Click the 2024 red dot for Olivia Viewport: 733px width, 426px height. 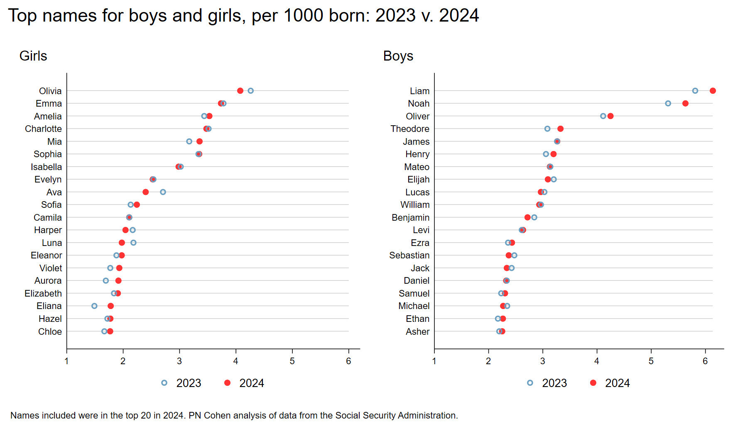[x=240, y=91]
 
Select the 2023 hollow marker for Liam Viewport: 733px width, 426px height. [x=695, y=91]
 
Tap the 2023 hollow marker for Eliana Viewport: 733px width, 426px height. [x=94, y=306]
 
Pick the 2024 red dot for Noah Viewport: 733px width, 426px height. [x=685, y=103]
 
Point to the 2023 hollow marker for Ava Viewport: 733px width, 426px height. [x=163, y=192]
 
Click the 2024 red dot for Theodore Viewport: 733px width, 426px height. [x=560, y=129]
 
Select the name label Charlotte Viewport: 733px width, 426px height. [x=43, y=129]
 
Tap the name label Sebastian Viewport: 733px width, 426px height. [x=409, y=256]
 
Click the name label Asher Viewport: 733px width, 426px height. [x=417, y=331]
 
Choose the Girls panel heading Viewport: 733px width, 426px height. [x=33, y=56]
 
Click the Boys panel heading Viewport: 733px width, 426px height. [x=398, y=56]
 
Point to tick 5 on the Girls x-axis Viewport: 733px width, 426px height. [x=292, y=361]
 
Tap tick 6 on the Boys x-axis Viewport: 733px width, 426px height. [x=705, y=361]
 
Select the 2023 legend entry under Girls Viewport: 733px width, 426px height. [x=181, y=383]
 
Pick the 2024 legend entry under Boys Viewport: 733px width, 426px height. [x=610, y=383]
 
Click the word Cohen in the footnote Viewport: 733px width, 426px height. [x=216, y=415]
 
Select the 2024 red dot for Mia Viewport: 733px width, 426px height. [x=199, y=141]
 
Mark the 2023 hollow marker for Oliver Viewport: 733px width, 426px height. [x=603, y=116]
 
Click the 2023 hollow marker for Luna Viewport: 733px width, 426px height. [x=133, y=243]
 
